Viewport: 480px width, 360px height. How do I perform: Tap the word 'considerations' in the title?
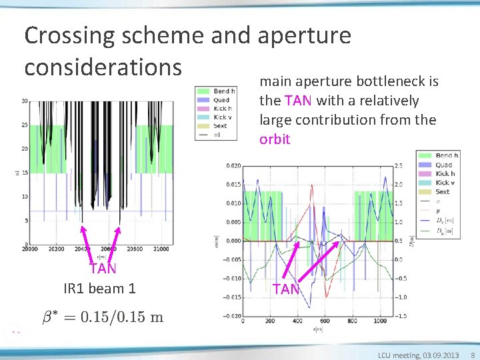pos(103,67)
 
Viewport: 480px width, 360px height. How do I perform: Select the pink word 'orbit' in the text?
pos(275,139)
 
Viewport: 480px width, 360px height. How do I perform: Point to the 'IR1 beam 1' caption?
pos(99,288)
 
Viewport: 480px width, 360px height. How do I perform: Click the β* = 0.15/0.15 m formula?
pos(103,317)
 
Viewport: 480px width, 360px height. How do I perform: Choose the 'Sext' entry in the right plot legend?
pos(442,191)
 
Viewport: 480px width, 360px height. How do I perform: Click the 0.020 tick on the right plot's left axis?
pos(233,165)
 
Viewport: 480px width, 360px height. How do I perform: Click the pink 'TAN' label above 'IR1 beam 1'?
pos(103,269)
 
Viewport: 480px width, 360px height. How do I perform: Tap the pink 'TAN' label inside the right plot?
pos(286,289)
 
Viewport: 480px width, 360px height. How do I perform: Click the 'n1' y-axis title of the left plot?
pos(16,173)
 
